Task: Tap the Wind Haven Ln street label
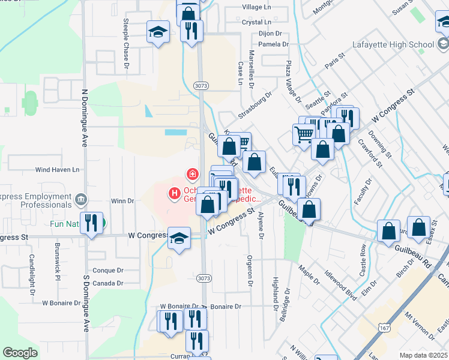pyautogui.click(x=57, y=170)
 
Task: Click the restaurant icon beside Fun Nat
pyautogui.click(x=91, y=223)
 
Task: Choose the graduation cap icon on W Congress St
pyautogui.click(x=179, y=238)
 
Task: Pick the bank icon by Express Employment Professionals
pyautogui.click(x=81, y=199)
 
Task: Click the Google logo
pyautogui.click(x=20, y=353)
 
